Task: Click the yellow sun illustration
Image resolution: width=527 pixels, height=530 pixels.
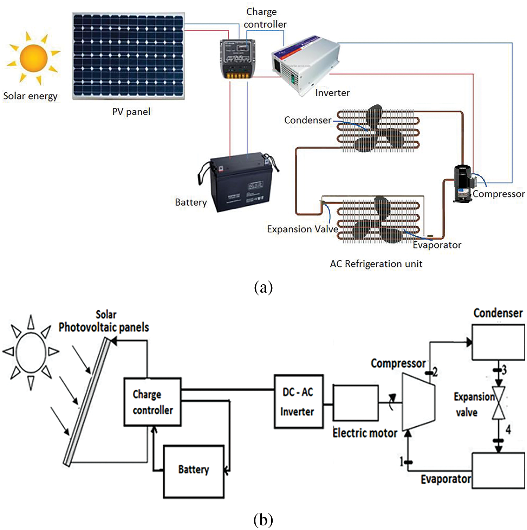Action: tap(33, 58)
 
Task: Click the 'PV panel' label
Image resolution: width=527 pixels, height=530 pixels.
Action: tap(131, 112)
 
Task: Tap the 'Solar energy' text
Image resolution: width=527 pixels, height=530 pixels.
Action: tap(30, 96)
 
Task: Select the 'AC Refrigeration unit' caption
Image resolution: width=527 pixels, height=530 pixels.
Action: tap(376, 264)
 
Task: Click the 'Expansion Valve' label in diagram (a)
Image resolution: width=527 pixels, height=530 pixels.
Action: tap(302, 229)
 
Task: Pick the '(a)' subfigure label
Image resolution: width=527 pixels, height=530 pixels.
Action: tap(263, 287)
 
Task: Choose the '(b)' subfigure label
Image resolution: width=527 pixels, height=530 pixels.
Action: tap(263, 519)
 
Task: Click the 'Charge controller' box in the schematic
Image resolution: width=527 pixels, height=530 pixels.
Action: tap(152, 402)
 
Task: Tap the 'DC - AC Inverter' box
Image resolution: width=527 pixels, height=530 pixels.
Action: tap(298, 401)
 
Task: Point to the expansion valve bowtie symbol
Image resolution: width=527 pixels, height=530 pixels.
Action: tap(499, 403)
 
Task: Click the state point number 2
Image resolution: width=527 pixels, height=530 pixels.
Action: tap(435, 371)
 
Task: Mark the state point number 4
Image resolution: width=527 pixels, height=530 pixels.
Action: tap(508, 429)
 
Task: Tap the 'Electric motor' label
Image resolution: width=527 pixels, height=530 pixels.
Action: tap(365, 433)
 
